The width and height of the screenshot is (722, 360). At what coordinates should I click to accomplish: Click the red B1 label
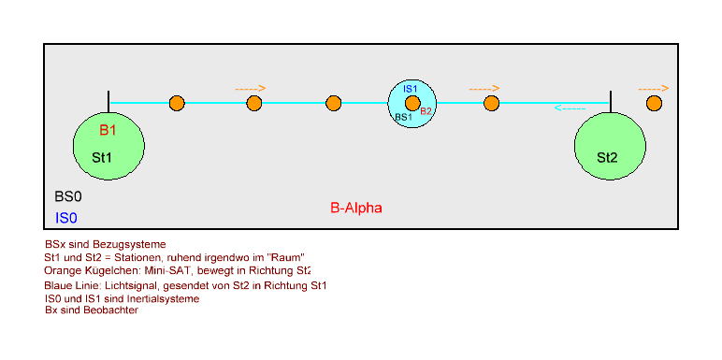click(108, 130)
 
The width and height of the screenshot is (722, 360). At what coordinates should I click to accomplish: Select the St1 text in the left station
click(102, 158)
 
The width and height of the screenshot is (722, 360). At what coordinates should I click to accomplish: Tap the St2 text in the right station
click(607, 158)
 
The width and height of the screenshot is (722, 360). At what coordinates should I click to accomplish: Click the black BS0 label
click(68, 196)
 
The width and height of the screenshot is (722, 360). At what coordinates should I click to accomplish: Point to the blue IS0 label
click(65, 218)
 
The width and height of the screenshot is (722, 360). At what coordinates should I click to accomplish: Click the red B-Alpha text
click(356, 209)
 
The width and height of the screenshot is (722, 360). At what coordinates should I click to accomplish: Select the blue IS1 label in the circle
click(411, 90)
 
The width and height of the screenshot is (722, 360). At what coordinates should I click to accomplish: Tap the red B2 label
click(426, 111)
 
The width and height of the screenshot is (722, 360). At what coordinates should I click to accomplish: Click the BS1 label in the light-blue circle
click(403, 117)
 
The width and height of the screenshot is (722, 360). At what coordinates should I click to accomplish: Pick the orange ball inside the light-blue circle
click(412, 103)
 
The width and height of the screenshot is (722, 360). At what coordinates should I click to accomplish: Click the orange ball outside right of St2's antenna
click(654, 103)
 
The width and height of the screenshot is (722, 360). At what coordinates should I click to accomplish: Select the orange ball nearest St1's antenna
click(177, 103)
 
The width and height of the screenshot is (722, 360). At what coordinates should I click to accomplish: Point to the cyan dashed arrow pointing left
click(570, 108)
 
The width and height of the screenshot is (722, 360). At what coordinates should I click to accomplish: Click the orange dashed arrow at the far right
click(654, 89)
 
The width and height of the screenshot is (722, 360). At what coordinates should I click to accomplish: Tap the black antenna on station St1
click(108, 102)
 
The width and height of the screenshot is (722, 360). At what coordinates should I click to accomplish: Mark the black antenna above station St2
click(610, 102)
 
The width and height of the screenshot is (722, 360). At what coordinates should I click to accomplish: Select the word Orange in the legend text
click(60, 270)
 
